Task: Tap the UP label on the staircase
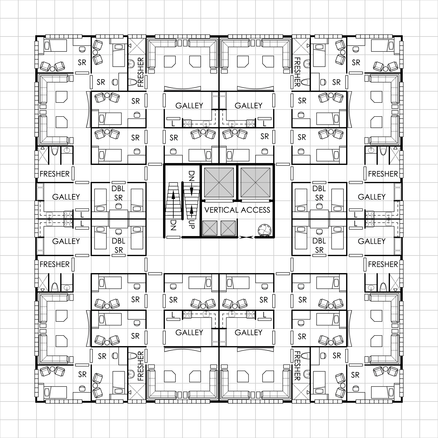click(x=191, y=224)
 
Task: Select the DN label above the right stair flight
click(x=191, y=176)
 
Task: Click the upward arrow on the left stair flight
click(x=173, y=198)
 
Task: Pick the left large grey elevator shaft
click(x=219, y=182)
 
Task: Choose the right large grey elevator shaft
click(x=255, y=182)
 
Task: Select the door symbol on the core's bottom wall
click(x=246, y=237)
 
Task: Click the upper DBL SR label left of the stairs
click(x=118, y=193)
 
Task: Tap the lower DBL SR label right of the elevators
click(x=319, y=245)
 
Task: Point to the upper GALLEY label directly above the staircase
click(x=189, y=105)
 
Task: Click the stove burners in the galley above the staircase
click(x=187, y=123)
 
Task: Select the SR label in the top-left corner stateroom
click(x=82, y=62)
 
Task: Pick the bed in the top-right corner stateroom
click(x=383, y=46)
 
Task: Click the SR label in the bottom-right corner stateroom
click(x=355, y=375)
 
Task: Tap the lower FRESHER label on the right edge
click(x=383, y=264)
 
